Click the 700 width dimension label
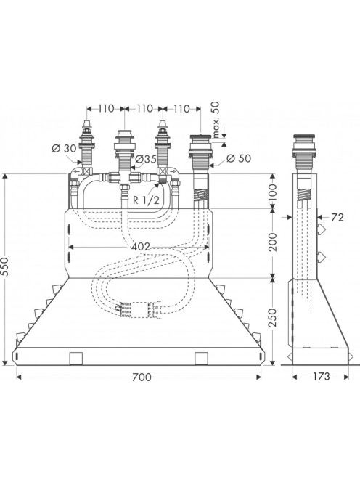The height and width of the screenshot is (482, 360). pos(142,377)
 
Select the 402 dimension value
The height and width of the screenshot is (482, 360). pos(140,247)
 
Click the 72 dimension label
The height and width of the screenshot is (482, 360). pos(337,217)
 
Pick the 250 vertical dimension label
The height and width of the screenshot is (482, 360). pos(272,317)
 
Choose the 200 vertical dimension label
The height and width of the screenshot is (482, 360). pos(272,242)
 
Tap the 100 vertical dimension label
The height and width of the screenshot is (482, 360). pos(272,192)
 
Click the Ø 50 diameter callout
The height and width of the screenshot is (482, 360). pos(239,158)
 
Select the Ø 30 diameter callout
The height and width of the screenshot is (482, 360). pos(64,149)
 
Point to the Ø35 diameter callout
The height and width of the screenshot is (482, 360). pos(146,159)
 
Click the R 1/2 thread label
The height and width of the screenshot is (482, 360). pos(147,200)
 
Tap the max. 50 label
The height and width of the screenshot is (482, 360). pos(216,120)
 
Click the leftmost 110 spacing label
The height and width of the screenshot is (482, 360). pos(106,108)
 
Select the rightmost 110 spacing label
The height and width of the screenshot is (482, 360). pos(181,108)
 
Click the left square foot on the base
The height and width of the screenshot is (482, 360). pos(76,359)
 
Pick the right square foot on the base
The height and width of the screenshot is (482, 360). pos(202,359)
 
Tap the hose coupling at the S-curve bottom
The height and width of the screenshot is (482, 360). pos(139,309)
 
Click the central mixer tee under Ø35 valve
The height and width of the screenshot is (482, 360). pos(125,179)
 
